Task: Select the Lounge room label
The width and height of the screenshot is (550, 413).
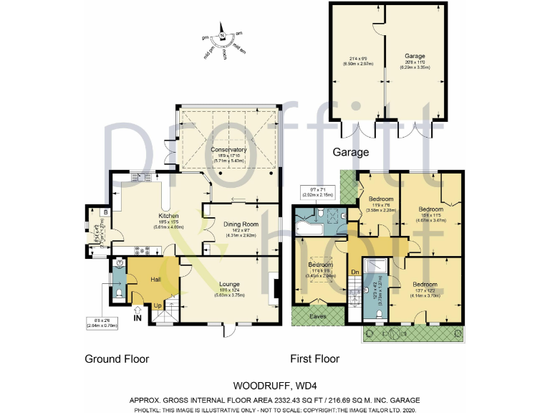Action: [231, 283]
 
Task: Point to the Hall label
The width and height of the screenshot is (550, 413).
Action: [155, 280]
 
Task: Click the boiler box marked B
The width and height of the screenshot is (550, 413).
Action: [105, 212]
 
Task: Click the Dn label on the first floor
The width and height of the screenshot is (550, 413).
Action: [354, 272]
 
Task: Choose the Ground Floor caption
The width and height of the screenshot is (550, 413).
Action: [117, 359]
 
